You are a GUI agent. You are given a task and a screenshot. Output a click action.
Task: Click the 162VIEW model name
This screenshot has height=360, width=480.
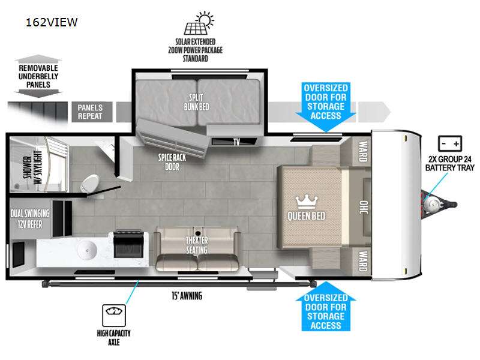point(52,23)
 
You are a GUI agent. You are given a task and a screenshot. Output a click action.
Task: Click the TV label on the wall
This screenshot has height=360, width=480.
point(236,142)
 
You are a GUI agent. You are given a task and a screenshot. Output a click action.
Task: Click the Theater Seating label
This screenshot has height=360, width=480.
point(196,245)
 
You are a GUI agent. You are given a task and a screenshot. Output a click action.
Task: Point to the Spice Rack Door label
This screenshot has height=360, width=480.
point(169,161)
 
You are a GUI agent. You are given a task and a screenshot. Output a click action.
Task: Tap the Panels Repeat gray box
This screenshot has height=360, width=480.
point(90,112)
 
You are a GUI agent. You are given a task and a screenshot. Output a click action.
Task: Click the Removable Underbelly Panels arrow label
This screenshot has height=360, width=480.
point(38,76)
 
